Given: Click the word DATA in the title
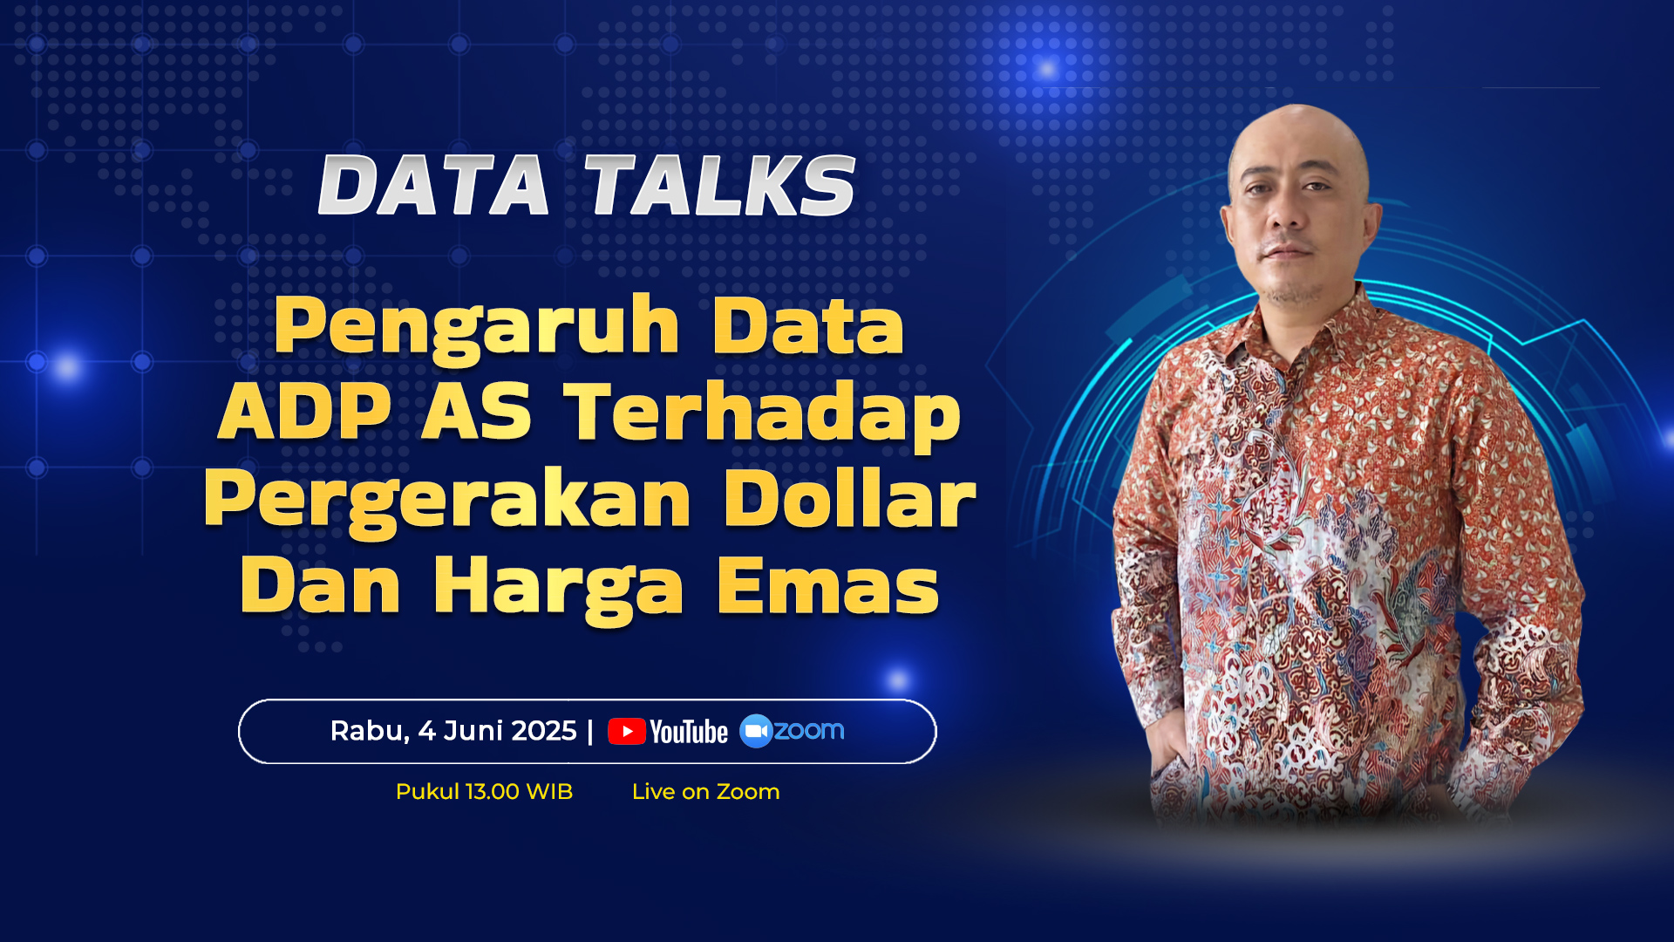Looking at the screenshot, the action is [433, 185].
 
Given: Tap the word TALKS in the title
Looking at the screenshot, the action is [720, 185].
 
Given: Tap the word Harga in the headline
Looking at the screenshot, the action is [558, 589].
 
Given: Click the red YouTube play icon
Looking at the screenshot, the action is [626, 731].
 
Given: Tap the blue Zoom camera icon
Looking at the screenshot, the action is [755, 731].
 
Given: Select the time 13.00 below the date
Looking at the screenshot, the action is [493, 791].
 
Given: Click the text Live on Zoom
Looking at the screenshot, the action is [705, 791].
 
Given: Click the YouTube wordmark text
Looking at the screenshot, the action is [689, 732].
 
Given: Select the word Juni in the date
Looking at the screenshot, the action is [473, 730].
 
